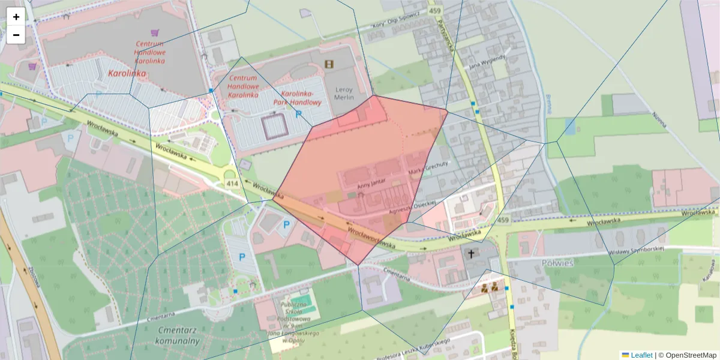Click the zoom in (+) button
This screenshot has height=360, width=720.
[x=16, y=17]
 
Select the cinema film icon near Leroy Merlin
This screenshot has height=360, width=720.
[x=328, y=64]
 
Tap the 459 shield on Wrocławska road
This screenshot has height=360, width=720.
[x=503, y=221]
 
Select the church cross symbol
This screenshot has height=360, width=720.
[x=472, y=254]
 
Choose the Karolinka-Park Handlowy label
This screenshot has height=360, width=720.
[x=301, y=98]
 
